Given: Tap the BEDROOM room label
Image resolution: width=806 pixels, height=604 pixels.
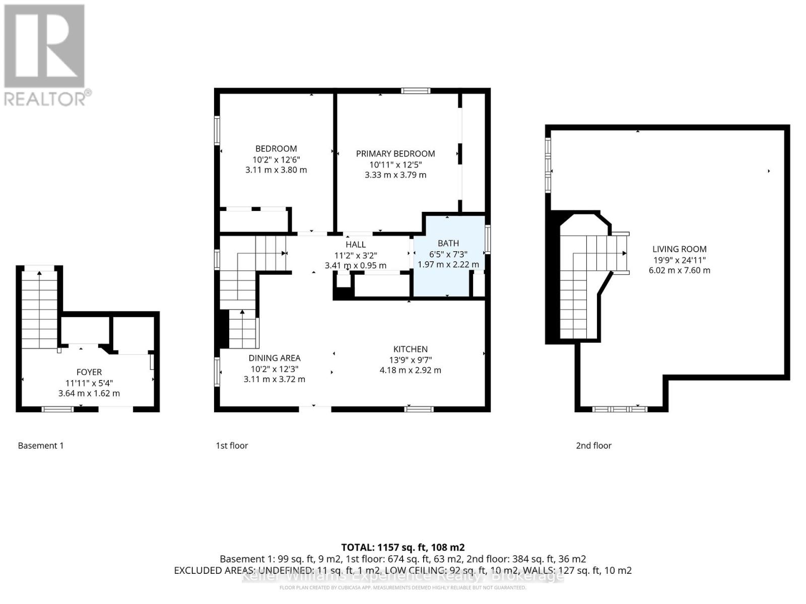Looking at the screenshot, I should (276, 148).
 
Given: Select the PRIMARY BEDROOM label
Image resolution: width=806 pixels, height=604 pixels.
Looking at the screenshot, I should (395, 154).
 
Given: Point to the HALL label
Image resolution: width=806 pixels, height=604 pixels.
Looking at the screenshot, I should (356, 245).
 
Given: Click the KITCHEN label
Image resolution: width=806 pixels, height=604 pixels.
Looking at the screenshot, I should (411, 349).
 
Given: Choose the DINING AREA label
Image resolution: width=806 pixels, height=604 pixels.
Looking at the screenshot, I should (274, 358).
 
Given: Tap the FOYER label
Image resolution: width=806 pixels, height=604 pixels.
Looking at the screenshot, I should (89, 372).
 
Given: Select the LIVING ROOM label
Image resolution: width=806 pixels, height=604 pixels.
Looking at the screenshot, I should (679, 249).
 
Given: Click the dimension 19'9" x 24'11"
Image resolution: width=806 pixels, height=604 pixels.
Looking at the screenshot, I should (679, 260).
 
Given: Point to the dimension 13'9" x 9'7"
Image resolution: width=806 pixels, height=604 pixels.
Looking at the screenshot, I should (411, 360).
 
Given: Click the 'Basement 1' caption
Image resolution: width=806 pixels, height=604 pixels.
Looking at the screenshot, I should (41, 445).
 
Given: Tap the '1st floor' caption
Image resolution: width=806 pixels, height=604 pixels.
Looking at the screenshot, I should (232, 445).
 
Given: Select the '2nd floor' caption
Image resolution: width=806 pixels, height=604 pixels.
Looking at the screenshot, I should (593, 445).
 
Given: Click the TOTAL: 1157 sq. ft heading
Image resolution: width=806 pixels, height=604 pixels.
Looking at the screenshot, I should (402, 547).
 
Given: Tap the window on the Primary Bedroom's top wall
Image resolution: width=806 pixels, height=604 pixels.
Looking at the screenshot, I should (416, 91).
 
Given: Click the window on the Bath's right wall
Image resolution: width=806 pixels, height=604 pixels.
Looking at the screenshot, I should (488, 239).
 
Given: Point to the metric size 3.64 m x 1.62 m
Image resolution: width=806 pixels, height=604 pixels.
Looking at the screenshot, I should (89, 394).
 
